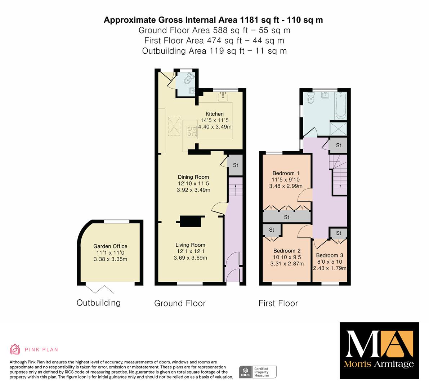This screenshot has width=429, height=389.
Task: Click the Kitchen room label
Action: tap(215, 114)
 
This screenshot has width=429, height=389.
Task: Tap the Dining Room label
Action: tap(193, 177)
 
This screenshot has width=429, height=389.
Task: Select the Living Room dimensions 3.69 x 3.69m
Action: tap(191, 258)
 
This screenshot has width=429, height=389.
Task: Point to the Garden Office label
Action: tap(110, 246)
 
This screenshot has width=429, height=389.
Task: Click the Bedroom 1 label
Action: tap(286, 173)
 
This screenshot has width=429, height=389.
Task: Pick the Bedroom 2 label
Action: tap(287, 251)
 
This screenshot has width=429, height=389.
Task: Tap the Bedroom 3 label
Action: tap(330, 255)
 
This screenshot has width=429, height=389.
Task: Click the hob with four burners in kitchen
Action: tap(192, 131)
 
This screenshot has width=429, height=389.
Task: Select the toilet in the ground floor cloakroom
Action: tap(188, 79)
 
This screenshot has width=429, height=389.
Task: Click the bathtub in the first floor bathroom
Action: tap(341, 106)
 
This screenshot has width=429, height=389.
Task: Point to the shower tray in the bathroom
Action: tap(338, 128)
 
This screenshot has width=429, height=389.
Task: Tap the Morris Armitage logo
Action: tap(379, 351)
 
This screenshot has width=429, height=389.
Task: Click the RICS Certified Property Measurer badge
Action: tap(258, 372)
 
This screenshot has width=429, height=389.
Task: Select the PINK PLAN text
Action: tap(41, 350)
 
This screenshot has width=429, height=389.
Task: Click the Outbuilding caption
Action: tap(98, 303)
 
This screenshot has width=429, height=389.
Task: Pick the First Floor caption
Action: tap(278, 303)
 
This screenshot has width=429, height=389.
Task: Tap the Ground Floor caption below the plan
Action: tap(180, 303)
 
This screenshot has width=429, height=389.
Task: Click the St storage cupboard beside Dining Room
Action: tap(235, 165)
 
